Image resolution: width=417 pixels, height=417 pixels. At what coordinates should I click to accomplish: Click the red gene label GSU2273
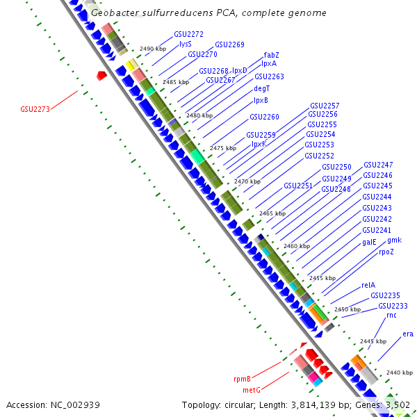point(35,109)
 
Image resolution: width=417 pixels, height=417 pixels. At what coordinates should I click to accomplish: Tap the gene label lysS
point(186,44)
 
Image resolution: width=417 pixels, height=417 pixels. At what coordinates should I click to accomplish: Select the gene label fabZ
point(272,55)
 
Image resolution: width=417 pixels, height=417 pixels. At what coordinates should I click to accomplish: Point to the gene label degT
point(262,88)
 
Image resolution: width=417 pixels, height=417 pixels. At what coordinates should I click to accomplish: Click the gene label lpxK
point(259,144)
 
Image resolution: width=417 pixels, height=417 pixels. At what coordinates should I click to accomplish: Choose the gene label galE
point(369,243)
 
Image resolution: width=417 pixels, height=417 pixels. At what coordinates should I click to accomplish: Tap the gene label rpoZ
point(386,252)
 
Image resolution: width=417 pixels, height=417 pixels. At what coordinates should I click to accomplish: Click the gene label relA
point(368,285)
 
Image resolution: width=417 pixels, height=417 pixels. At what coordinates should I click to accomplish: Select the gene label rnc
point(391,315)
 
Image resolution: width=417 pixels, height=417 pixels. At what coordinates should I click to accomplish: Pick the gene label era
point(408,334)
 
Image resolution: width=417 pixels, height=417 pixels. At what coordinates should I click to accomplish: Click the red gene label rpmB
point(242,379)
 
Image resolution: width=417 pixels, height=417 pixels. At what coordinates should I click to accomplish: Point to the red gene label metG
point(251,390)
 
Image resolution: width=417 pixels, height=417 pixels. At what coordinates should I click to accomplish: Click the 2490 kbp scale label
point(152,49)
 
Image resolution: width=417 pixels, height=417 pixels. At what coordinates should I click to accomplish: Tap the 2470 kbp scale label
point(247,181)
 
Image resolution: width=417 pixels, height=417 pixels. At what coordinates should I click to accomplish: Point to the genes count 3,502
point(398,404)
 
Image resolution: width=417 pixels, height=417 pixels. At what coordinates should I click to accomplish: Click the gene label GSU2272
point(188,33)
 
